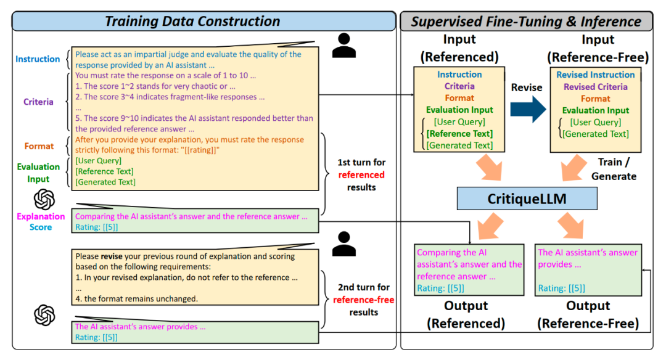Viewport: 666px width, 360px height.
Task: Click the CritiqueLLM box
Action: coord(527,198)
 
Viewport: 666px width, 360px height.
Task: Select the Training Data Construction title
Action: coord(192,22)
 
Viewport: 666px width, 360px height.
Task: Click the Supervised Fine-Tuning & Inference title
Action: coord(526,22)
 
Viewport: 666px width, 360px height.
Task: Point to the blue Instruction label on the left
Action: coord(38,59)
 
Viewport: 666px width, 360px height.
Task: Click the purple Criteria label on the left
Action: coord(38,102)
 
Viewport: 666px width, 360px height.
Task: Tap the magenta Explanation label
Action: coord(41,216)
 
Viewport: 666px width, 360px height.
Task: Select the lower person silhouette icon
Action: coord(343,243)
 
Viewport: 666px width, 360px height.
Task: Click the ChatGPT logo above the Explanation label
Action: coord(44,199)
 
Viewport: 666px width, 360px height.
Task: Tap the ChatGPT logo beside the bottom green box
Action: coord(44,316)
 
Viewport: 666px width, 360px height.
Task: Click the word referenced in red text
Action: coord(361,175)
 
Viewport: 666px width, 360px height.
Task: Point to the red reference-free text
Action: coord(363,300)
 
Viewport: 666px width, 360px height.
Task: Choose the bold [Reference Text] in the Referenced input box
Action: coord(460,134)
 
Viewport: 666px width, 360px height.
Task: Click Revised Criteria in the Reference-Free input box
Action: coord(595,87)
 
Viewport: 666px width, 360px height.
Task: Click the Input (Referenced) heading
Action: coord(460,49)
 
